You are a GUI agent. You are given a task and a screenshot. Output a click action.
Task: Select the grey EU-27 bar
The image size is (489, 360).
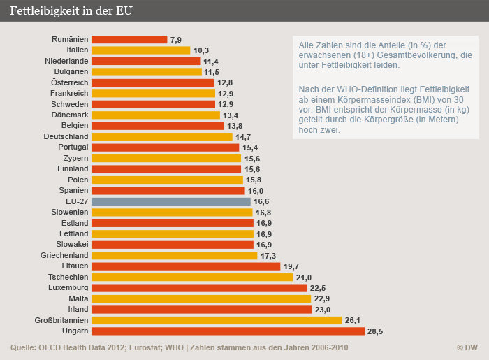pyautogui.click(x=171, y=201)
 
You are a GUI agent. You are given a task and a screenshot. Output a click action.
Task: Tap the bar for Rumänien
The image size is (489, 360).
pyautogui.click(x=129, y=40)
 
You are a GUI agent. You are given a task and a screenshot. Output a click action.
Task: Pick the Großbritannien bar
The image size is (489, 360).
pyautogui.click(x=216, y=320)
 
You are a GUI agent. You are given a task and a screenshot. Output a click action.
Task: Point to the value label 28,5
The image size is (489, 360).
pyautogui.click(x=357, y=331)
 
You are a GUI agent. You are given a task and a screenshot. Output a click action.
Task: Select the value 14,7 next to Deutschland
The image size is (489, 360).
pyautogui.click(x=244, y=137)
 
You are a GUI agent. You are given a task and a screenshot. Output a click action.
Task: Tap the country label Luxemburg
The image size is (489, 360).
pyautogui.click(x=68, y=287)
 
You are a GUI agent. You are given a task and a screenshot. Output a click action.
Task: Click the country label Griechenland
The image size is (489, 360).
pyautogui.click(x=65, y=255)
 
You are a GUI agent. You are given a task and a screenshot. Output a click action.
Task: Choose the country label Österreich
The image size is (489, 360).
pyautogui.click(x=70, y=82)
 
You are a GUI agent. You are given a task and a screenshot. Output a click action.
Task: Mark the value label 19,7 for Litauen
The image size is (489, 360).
pyautogui.click(x=290, y=266)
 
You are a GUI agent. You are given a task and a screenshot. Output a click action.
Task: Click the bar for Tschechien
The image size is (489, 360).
pyautogui.click(x=192, y=277)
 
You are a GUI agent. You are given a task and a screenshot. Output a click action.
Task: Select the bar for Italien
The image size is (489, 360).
pyautogui.click(x=140, y=50)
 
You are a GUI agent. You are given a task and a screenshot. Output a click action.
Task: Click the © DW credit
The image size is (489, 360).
pyautogui.click(x=467, y=347)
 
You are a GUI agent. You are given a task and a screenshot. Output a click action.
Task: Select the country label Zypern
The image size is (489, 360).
pyautogui.click(x=75, y=158)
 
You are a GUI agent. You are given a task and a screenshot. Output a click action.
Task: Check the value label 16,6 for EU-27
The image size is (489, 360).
pyautogui.click(x=262, y=201)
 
